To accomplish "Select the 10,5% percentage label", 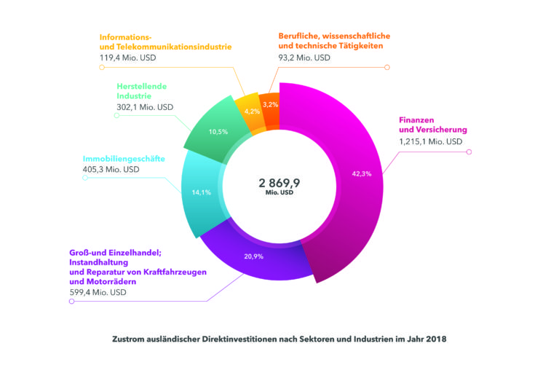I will [x=218, y=132].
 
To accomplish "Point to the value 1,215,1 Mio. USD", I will [x=429, y=141].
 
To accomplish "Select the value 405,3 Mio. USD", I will [x=111, y=170].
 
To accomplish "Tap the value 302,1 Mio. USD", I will [x=145, y=107].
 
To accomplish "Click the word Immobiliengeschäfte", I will [x=124, y=157].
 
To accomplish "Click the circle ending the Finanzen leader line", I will [x=469, y=152].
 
